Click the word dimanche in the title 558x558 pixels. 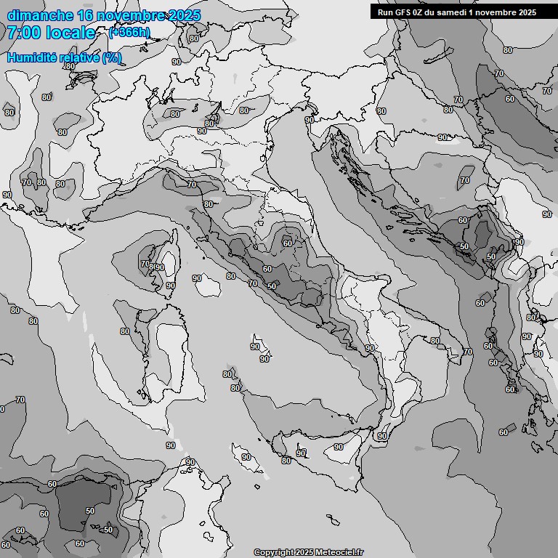pyautogui.click(x=40, y=15)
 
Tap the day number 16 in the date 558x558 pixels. pyautogui.click(x=85, y=15)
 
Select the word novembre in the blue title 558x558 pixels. pyautogui.click(x=131, y=15)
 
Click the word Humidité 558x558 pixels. pyautogui.click(x=33, y=57)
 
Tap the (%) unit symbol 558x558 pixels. pyautogui.click(x=112, y=57)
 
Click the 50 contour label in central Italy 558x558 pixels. pyautogui.click(x=272, y=286)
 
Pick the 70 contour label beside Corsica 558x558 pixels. pyautogui.click(x=145, y=264)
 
